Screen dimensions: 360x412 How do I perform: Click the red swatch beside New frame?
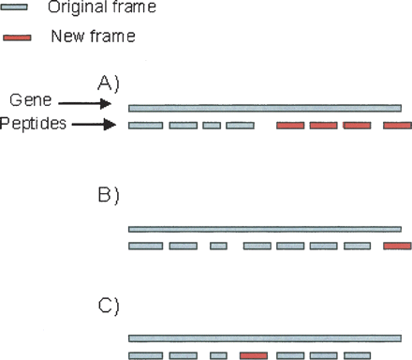[x=16, y=37]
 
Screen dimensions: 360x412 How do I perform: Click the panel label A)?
[x=110, y=82]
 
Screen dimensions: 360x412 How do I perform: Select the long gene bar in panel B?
[x=265, y=229]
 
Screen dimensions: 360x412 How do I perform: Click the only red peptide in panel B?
[x=397, y=246]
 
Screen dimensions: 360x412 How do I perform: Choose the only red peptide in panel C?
[x=254, y=355]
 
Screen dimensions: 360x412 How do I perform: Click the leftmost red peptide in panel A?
[x=290, y=125]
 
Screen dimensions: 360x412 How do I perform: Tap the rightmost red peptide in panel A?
[x=397, y=125]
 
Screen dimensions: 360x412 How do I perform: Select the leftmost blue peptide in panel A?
[x=145, y=125]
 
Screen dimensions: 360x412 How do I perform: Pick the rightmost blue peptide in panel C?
[x=357, y=355]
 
